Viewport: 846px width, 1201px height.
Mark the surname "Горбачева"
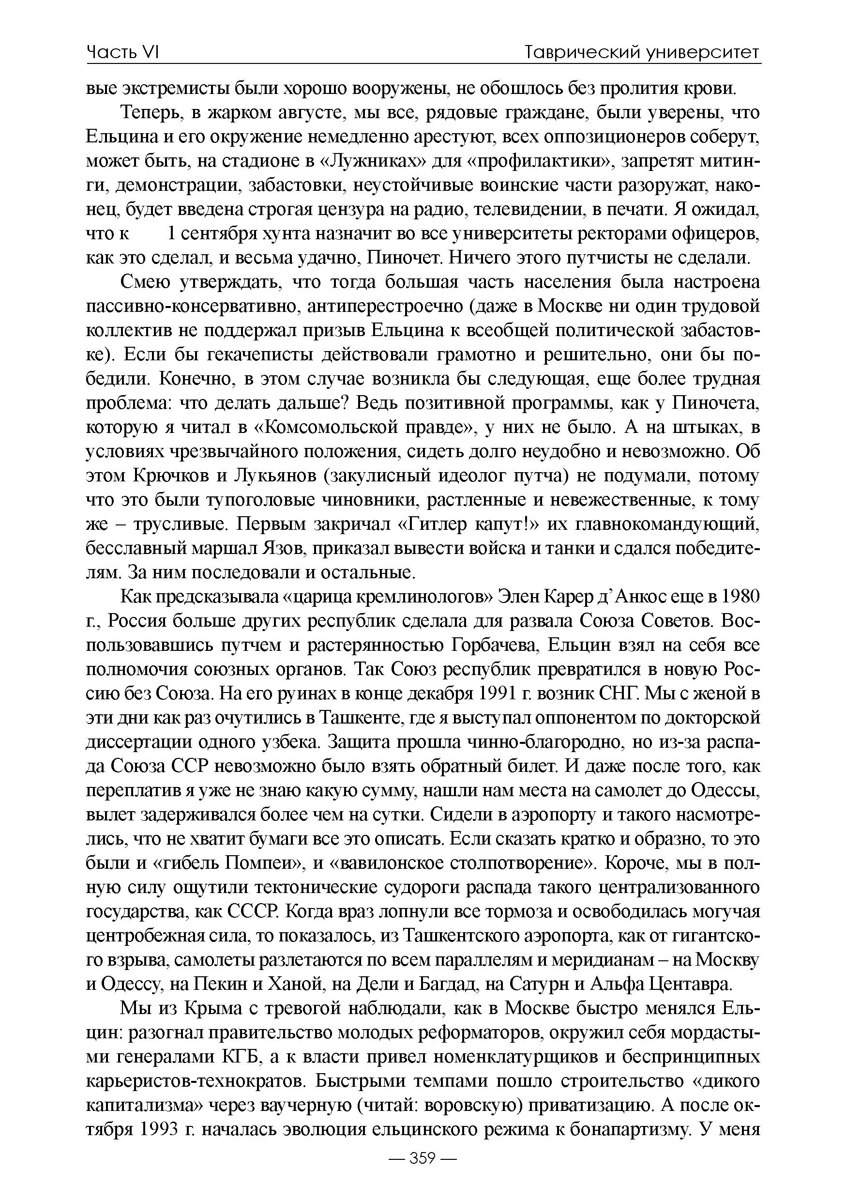pos(493,646)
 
